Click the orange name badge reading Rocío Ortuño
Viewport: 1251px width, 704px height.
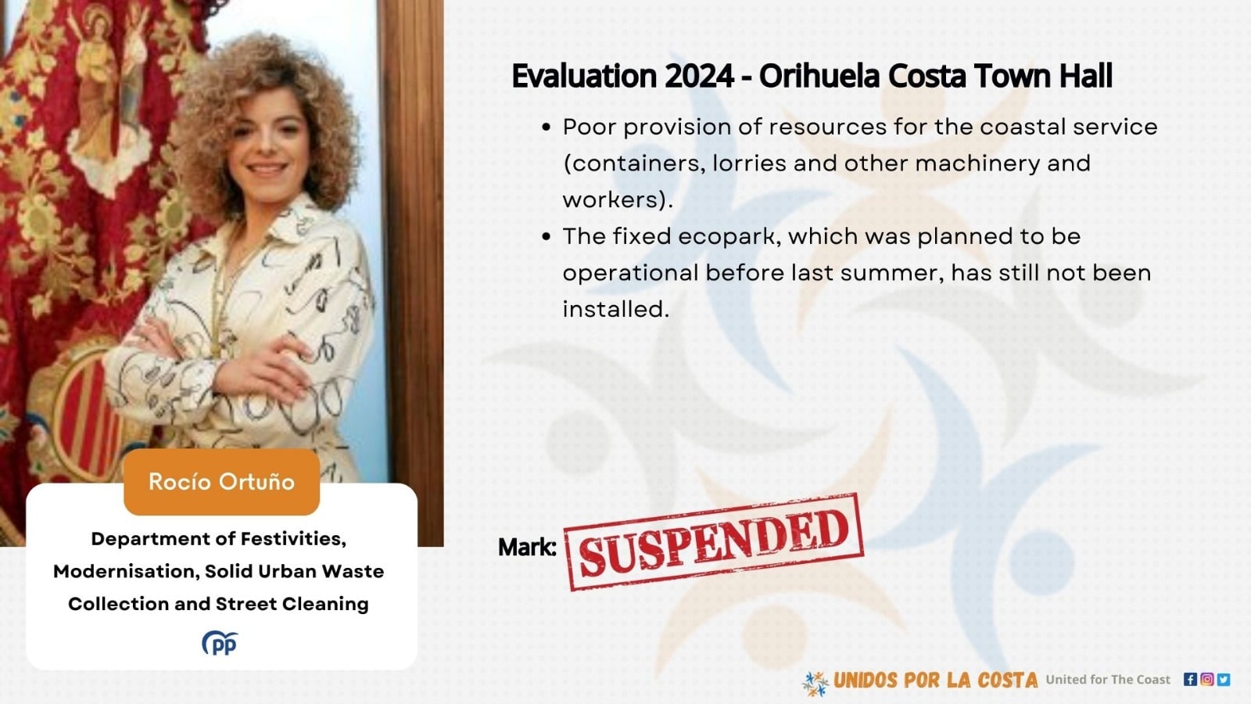[x=222, y=482]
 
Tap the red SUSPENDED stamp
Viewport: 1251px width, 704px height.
[x=714, y=542]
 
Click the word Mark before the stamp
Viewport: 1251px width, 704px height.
[x=527, y=547]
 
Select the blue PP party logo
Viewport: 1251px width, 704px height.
[x=220, y=643]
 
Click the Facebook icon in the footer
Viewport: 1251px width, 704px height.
[x=1190, y=680]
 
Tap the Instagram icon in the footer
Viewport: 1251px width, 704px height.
[x=1207, y=680]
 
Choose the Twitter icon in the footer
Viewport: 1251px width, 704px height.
[x=1224, y=680]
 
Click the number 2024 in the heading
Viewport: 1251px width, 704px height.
[x=699, y=76]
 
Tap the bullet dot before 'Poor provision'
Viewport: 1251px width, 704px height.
[x=547, y=128]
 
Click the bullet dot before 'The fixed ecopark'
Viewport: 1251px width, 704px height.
[x=547, y=237]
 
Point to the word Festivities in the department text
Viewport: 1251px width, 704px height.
[x=294, y=539]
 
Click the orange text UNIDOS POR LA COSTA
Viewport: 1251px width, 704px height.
[x=935, y=680]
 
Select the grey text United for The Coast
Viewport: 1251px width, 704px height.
[x=1108, y=680]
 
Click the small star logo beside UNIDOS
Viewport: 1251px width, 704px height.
[x=815, y=684]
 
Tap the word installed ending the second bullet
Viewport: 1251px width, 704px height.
[x=615, y=309]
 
